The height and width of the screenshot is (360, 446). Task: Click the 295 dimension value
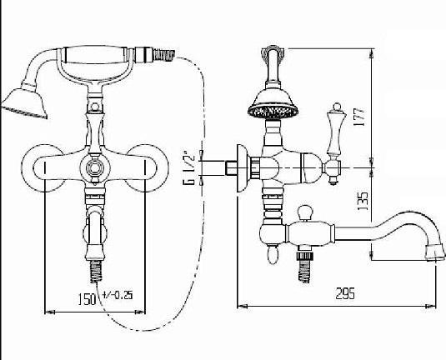[x=345, y=293]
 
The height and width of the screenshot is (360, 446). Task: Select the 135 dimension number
[x=363, y=201]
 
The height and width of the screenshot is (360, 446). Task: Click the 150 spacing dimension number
[x=87, y=299]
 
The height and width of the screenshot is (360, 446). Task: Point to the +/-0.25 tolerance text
[x=118, y=295]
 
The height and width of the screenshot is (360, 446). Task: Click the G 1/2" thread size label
[x=188, y=167]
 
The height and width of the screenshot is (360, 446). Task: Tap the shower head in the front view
[x=25, y=103]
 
